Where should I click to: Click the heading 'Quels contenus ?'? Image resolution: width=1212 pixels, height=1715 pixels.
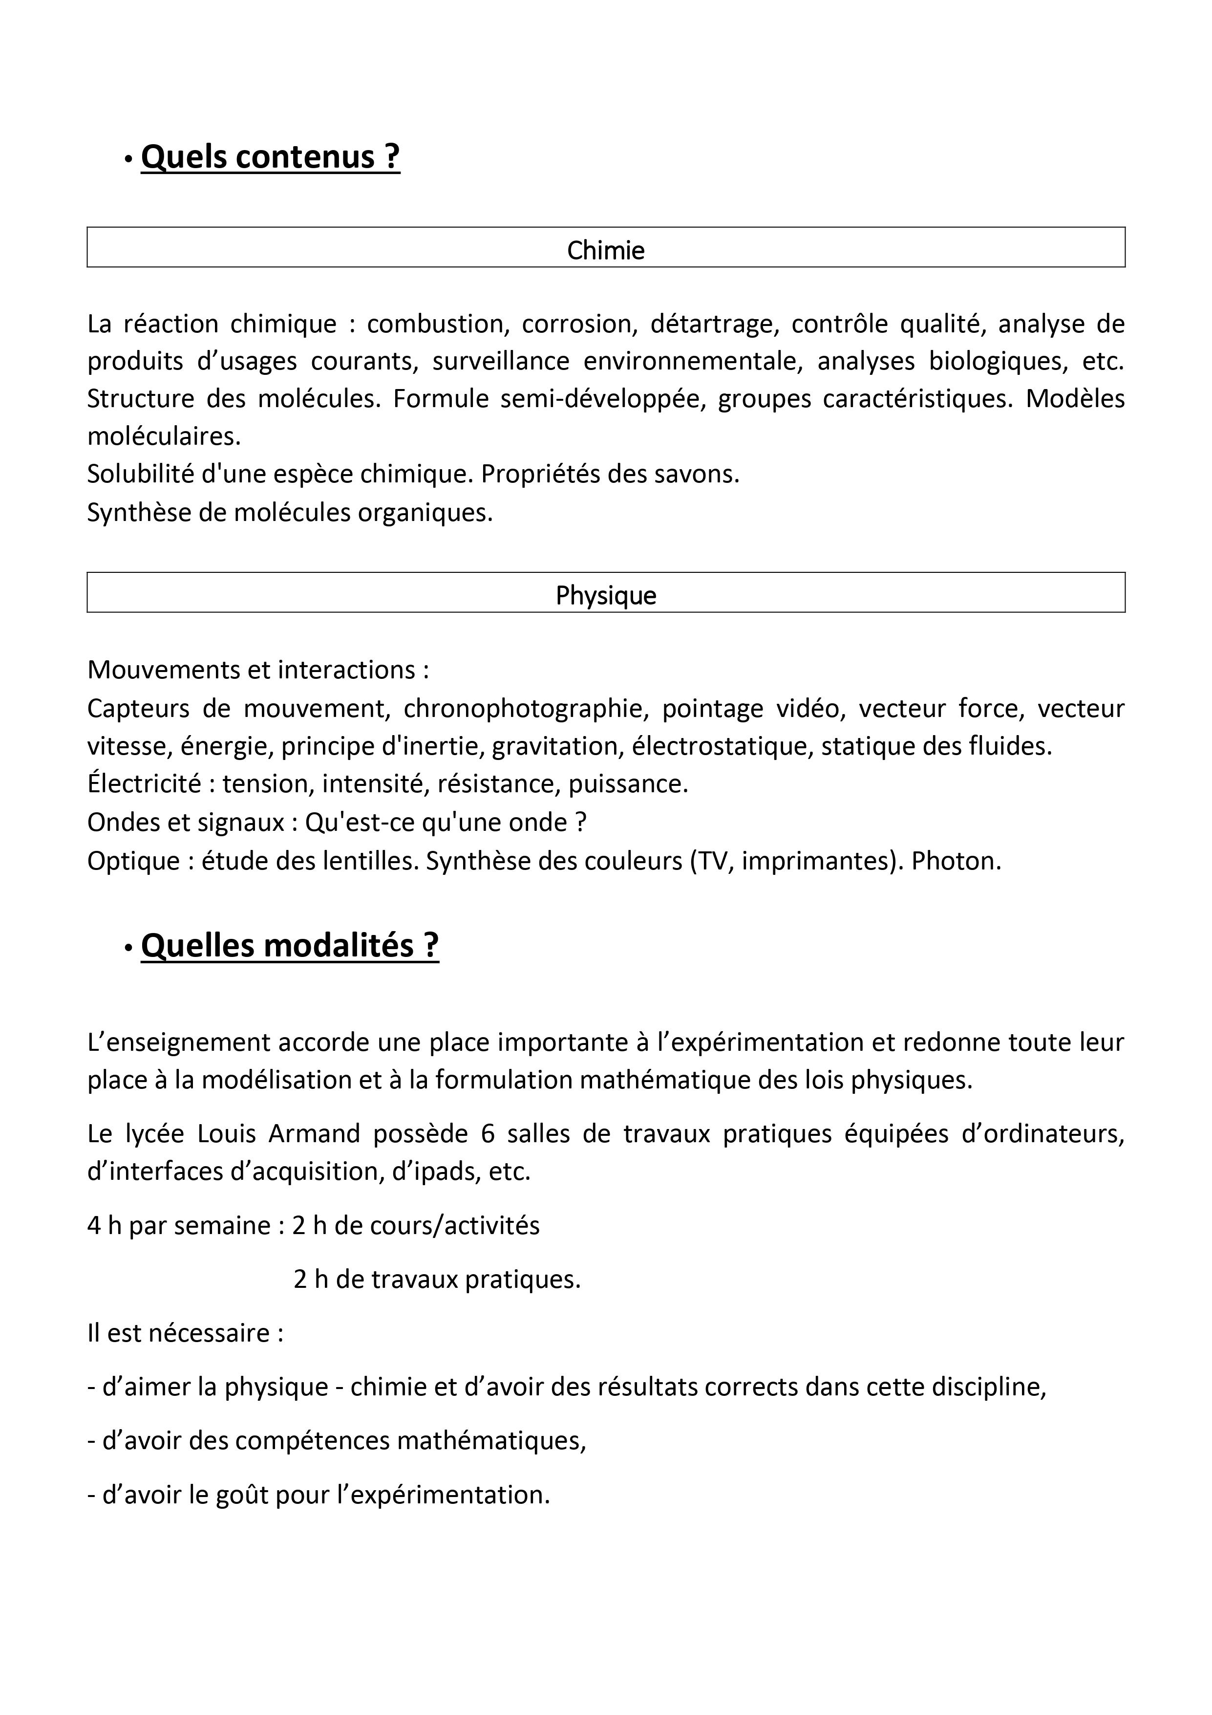270,157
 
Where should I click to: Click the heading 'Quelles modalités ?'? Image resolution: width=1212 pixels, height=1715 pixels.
290,946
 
